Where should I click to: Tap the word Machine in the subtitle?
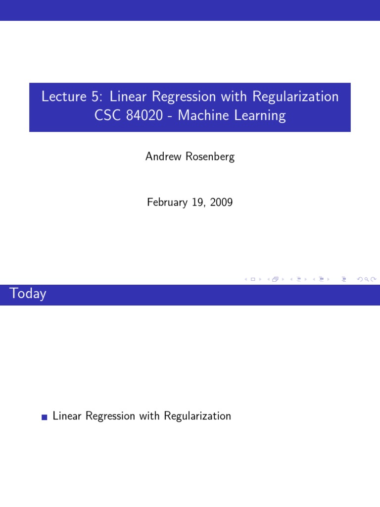[x=201, y=116]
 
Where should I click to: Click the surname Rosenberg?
[x=210, y=157]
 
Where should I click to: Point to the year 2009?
[x=221, y=203]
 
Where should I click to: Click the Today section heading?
[x=28, y=294]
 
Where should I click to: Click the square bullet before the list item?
[x=45, y=417]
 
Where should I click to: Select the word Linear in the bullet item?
[x=67, y=416]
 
